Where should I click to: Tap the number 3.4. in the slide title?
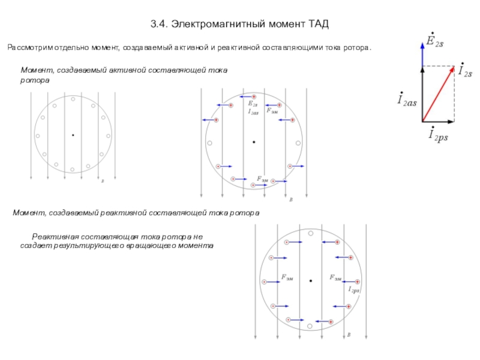(x=158, y=24)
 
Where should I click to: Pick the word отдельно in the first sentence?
(x=73, y=47)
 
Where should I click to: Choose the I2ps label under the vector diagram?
(x=437, y=136)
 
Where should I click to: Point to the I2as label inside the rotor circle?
(x=253, y=112)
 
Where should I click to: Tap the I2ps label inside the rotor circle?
(x=353, y=290)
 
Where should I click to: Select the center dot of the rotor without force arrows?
(x=73, y=135)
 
